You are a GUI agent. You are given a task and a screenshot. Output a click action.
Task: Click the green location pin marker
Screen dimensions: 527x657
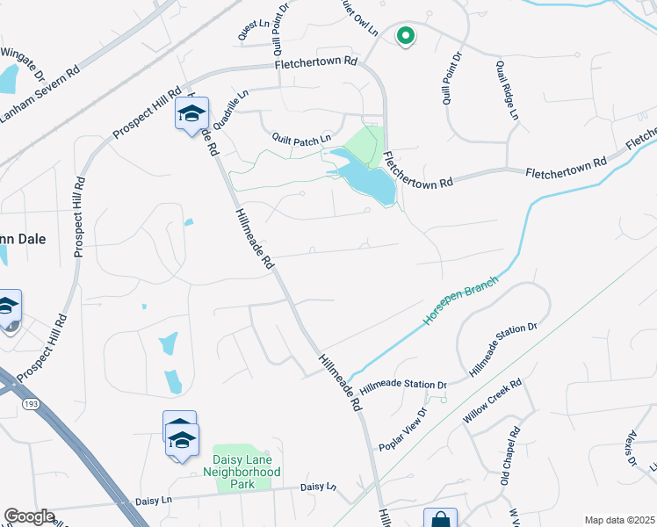pyautogui.click(x=405, y=36)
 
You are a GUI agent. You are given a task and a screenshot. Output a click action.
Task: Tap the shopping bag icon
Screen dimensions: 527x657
pyautogui.click(x=440, y=520)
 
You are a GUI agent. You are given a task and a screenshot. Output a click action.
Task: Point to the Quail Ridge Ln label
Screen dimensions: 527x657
pyautogui.click(x=507, y=90)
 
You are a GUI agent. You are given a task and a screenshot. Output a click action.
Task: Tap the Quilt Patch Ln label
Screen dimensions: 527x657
pyautogui.click(x=301, y=138)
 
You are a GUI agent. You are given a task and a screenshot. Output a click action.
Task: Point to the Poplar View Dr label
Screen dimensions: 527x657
pyautogui.click(x=404, y=430)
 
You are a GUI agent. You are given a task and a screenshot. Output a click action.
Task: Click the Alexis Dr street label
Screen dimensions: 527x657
pyautogui.click(x=629, y=448)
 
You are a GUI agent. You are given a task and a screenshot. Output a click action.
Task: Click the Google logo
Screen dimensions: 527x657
pyautogui.click(x=29, y=516)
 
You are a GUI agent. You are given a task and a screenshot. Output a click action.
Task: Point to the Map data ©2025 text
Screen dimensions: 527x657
pyautogui.click(x=619, y=520)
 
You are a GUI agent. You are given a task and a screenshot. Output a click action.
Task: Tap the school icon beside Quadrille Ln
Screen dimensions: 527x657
pyautogui.click(x=191, y=114)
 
